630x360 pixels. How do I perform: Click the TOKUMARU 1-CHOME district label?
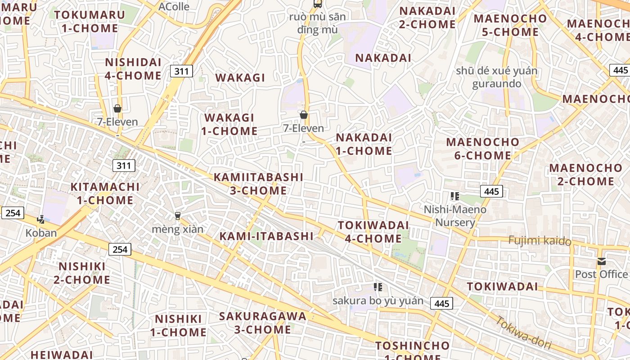pos(90,21)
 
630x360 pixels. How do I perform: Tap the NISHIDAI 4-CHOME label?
pos(133,69)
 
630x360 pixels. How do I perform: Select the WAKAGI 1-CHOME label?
pos(229,124)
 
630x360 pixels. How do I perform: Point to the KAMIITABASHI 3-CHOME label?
pos(258,184)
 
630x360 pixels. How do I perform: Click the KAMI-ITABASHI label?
pos(266,236)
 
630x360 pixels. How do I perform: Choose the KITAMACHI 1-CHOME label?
pos(105,193)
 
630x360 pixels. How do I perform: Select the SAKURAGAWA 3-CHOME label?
pos(262,323)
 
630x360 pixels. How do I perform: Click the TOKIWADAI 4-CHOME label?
pos(373,232)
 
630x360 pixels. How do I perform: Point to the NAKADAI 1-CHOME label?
pos(364,144)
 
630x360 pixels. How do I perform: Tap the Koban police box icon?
pos(41,220)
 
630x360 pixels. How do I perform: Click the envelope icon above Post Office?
pos(602,261)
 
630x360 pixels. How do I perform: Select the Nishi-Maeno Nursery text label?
pos(455,216)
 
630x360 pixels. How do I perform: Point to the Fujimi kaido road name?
pos(540,240)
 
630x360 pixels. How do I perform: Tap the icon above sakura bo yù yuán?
pos(378,287)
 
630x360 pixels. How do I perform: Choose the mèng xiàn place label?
pos(178,229)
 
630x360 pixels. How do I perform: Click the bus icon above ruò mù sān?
pos(318,4)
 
